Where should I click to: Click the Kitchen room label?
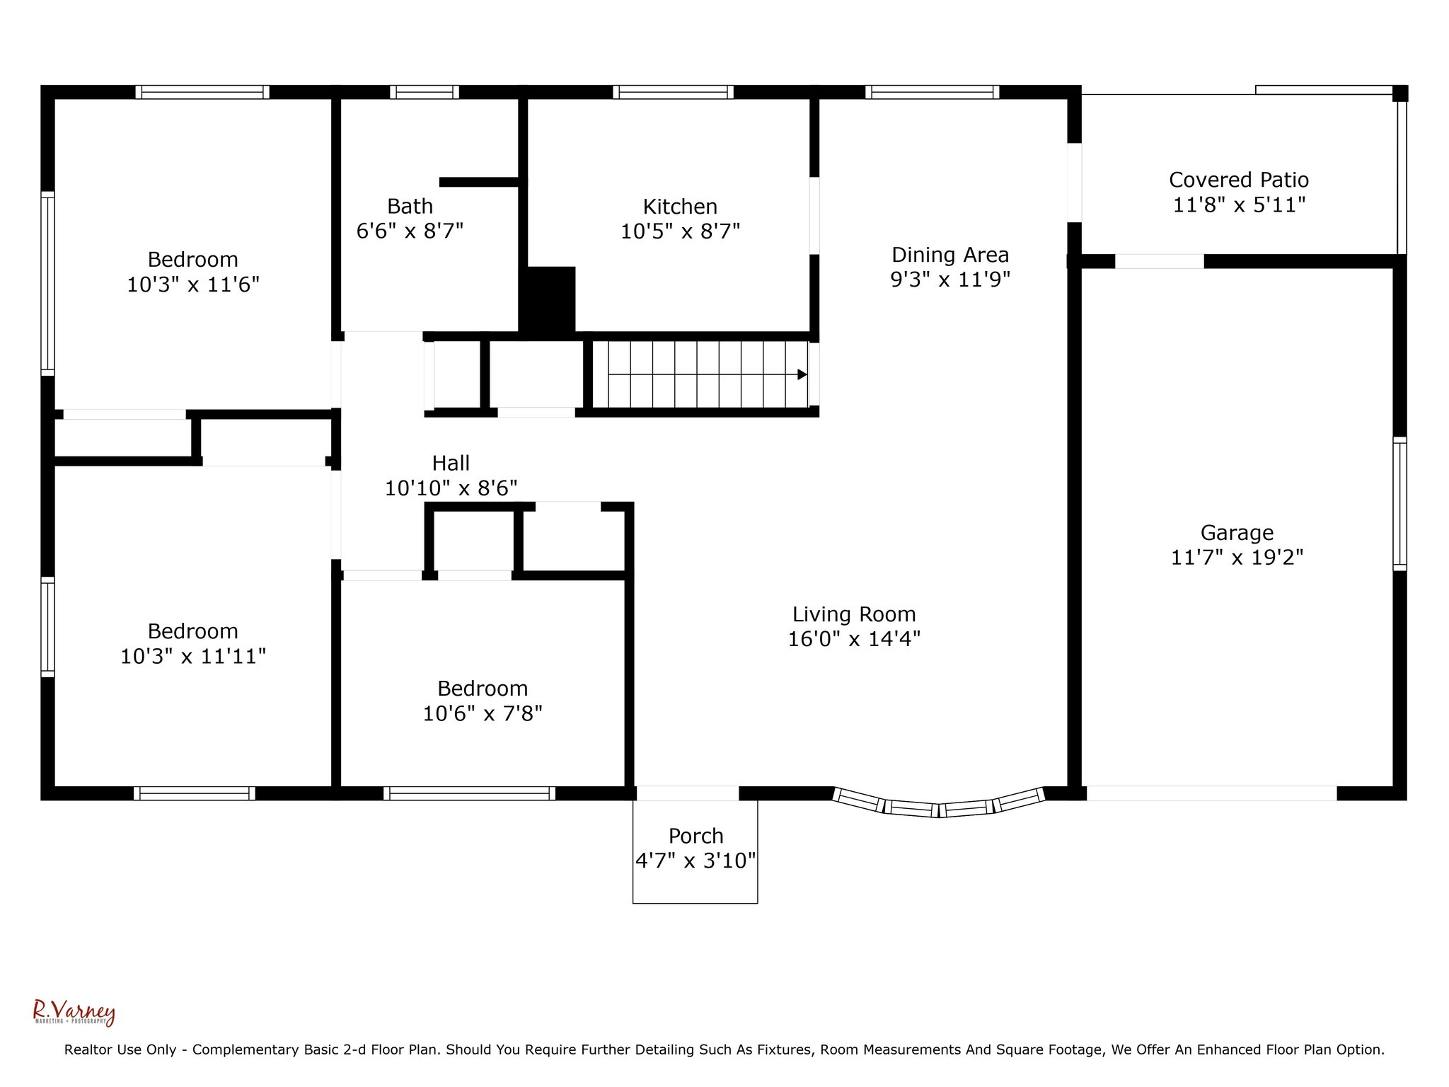[680, 207]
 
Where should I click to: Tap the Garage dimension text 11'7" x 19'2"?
[1237, 558]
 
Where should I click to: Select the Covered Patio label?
[1239, 180]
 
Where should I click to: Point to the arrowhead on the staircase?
[802, 374]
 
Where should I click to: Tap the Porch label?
[695, 836]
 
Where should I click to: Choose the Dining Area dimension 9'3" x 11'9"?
[950, 280]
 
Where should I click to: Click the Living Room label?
[854, 614]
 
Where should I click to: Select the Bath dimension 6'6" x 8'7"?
[410, 231]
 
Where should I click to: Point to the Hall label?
[451, 463]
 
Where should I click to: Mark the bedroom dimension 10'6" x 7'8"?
[483, 713]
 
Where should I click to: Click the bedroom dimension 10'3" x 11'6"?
[193, 284]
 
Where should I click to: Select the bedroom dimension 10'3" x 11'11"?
[193, 657]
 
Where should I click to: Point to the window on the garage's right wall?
[1399, 504]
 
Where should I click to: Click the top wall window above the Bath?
[425, 92]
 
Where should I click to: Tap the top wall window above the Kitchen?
[673, 92]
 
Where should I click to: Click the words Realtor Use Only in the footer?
[120, 1050]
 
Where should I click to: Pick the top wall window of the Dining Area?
[932, 92]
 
